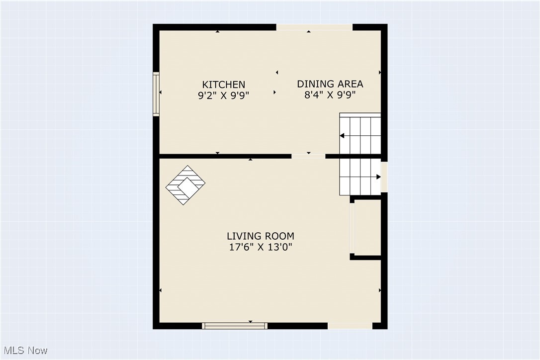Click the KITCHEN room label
click(223, 85)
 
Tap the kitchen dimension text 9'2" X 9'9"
click(223, 95)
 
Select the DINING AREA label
click(330, 84)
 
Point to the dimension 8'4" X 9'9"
click(330, 95)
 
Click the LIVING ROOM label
click(260, 236)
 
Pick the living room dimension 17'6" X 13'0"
click(260, 247)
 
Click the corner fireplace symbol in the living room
click(185, 185)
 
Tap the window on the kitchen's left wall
click(156, 94)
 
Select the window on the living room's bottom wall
click(234, 326)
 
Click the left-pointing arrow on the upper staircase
click(343, 136)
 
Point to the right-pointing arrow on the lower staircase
click(378, 177)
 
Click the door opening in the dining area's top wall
click(314, 27)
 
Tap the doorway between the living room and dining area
click(308, 156)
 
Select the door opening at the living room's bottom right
click(350, 326)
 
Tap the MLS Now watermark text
click(24, 351)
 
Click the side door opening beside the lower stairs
click(384, 177)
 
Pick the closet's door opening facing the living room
click(352, 227)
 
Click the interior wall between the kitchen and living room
click(224, 156)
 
